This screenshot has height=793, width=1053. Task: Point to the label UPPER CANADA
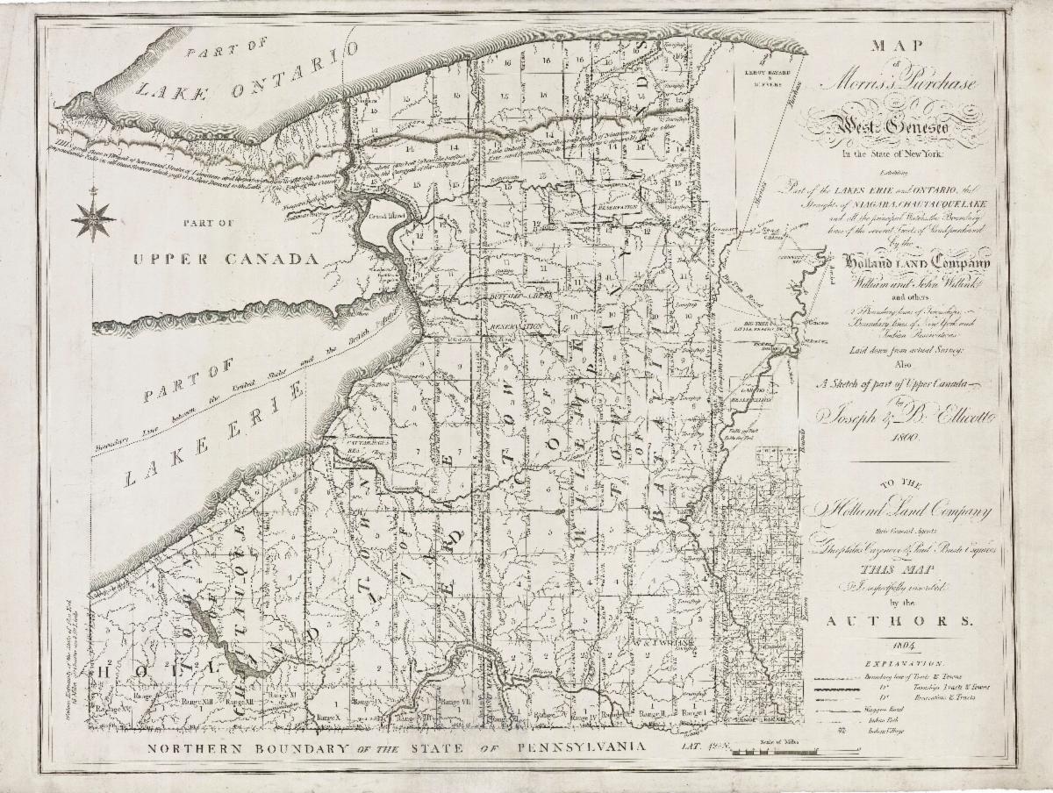click(x=224, y=260)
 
